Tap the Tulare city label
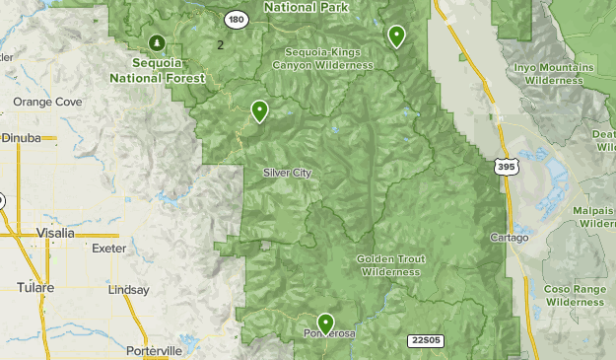tap(35, 287)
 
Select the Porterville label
tap(154, 350)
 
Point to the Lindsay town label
tap(129, 290)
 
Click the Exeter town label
tap(108, 249)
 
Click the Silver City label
tap(287, 173)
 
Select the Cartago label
tap(510, 238)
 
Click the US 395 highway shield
tap(507, 168)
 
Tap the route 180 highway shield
tap(235, 19)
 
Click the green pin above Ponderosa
tap(325, 323)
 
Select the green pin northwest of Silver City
tap(260, 110)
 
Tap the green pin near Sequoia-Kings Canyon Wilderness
tap(396, 36)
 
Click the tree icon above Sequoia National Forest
tap(157, 41)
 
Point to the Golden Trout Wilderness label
tap(392, 265)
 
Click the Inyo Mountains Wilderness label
tap(554, 73)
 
